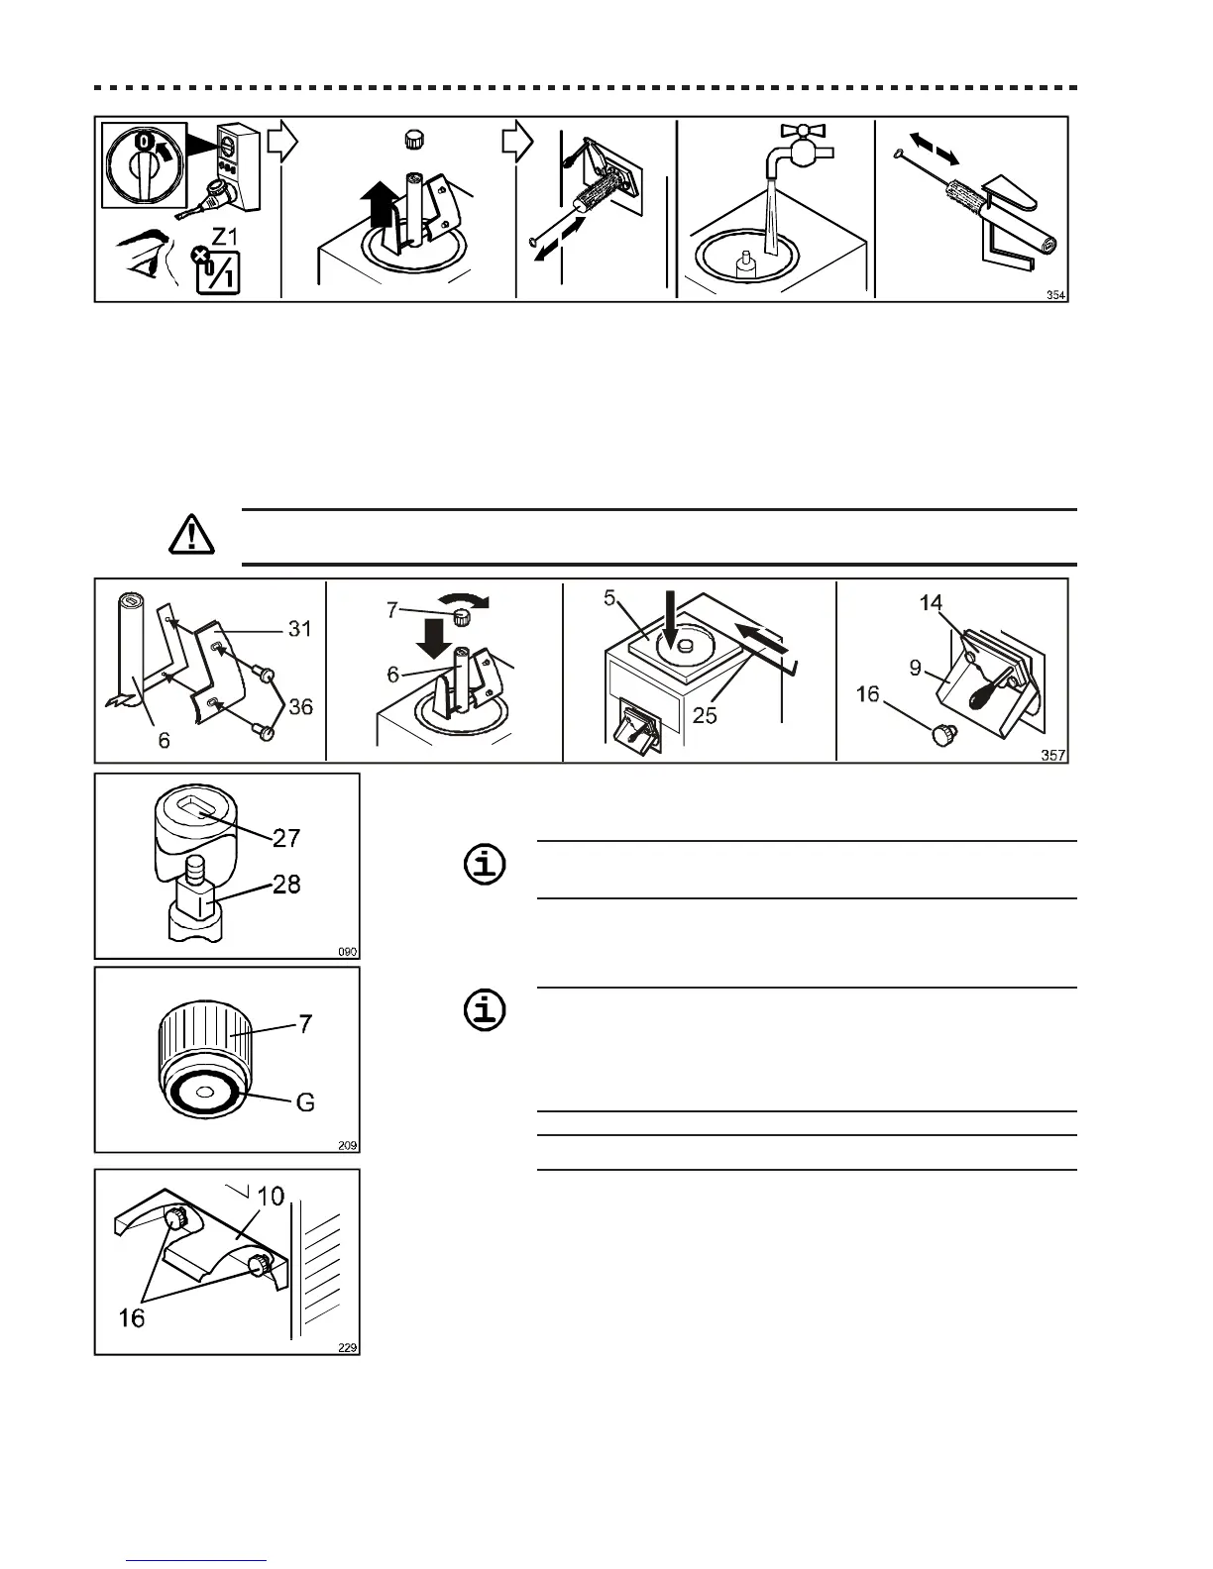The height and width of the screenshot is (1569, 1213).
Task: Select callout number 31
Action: (298, 628)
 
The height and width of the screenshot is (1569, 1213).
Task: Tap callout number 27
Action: (286, 838)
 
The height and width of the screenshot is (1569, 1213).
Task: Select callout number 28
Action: (286, 885)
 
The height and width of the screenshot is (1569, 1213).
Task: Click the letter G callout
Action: (305, 1101)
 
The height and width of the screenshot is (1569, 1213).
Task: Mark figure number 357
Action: (1053, 756)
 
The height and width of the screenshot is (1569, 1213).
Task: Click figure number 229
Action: (346, 1347)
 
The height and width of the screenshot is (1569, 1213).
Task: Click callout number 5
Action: (611, 598)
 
